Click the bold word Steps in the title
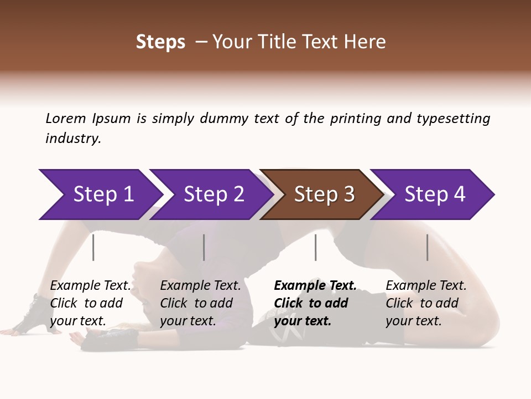(160, 42)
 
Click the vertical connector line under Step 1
(93, 247)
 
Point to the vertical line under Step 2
(204, 247)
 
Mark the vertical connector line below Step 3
(315, 247)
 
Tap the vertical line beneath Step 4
(427, 247)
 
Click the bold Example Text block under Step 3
(315, 303)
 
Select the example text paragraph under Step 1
(90, 303)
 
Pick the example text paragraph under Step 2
(200, 303)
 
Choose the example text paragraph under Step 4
(426, 303)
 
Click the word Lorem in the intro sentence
(66, 118)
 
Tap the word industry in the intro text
(73, 139)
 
